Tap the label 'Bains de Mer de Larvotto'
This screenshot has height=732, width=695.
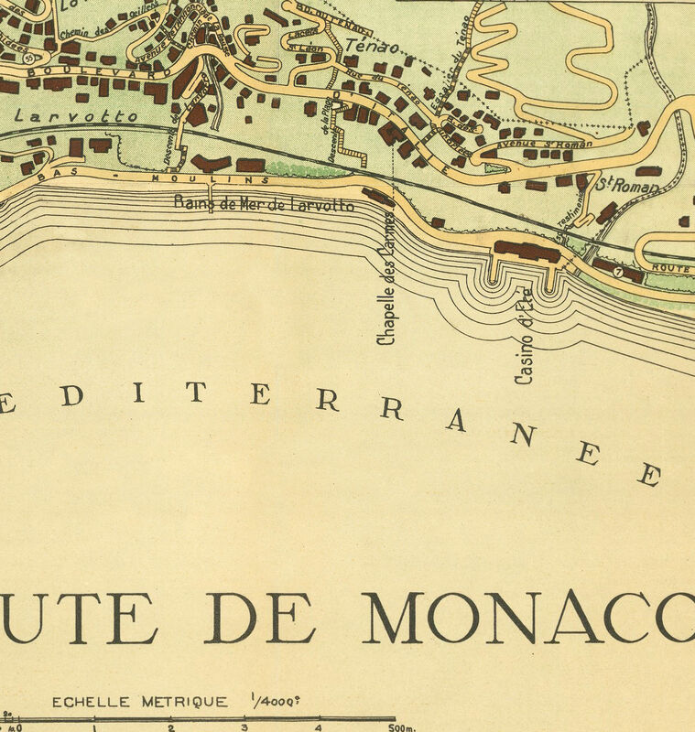tap(264, 204)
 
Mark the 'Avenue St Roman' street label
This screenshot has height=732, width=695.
tap(544, 144)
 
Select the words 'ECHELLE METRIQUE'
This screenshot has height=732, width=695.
tap(139, 702)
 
